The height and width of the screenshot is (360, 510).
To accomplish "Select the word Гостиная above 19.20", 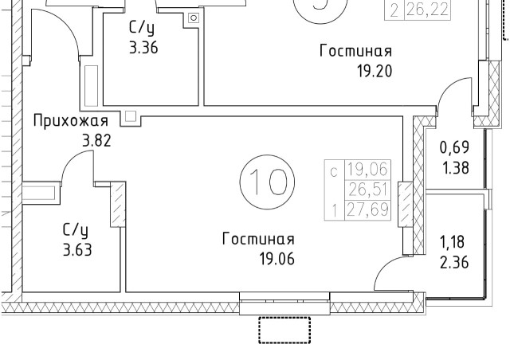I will click(355, 51).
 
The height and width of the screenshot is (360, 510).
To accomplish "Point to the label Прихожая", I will click(70, 121).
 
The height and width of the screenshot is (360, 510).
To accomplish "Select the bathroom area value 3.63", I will click(77, 248).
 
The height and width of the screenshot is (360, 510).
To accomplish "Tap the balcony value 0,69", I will click(455, 148).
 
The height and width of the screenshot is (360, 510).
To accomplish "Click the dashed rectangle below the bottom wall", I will click(284, 329).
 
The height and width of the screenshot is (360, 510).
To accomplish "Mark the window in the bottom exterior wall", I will click(284, 300).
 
